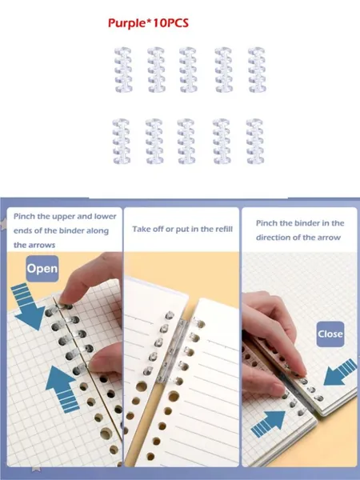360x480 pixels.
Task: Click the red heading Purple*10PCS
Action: (148, 23)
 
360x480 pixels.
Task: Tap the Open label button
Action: (42, 269)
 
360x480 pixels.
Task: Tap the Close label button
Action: (330, 334)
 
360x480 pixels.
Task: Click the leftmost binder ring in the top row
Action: (123, 70)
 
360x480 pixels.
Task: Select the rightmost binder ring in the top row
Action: (257, 70)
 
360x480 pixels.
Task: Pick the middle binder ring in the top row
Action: (188, 70)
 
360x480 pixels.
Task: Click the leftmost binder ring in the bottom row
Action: (122, 142)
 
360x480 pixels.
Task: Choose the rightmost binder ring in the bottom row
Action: (255, 142)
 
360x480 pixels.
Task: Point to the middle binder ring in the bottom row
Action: (186, 142)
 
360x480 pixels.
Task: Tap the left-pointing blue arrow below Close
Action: (340, 372)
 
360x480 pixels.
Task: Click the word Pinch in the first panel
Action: (24, 217)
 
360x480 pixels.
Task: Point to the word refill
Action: (222, 229)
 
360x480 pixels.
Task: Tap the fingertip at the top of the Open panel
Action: (66, 298)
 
